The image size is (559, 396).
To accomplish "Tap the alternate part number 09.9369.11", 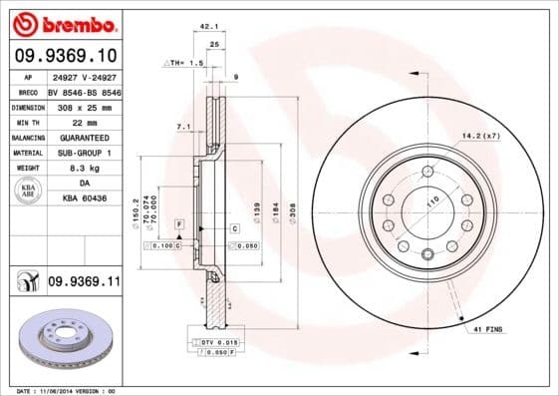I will [84, 284].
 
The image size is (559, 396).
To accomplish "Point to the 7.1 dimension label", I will [182, 127].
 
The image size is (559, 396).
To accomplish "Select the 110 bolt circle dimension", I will [432, 202].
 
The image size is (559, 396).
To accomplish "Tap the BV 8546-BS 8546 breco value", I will [84, 90].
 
